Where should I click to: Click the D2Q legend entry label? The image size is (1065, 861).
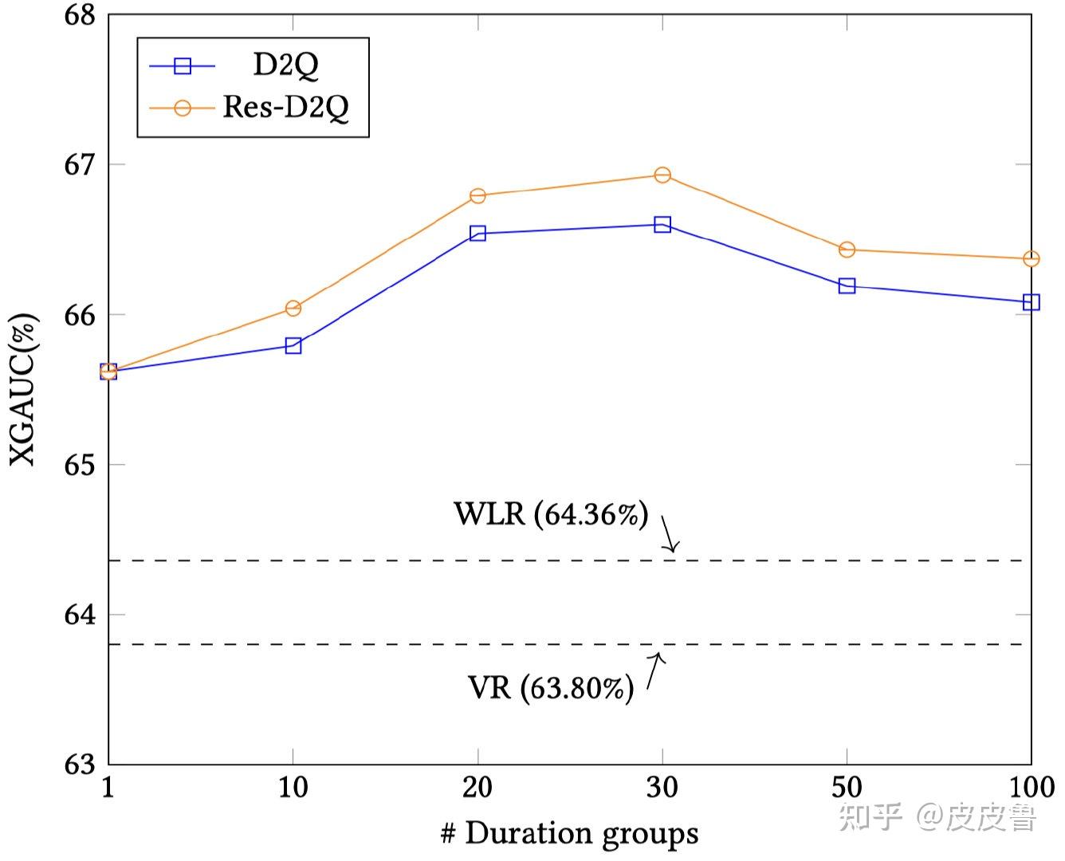click(285, 65)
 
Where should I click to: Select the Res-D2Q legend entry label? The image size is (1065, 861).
click(285, 106)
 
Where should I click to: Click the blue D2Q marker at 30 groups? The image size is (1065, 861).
click(662, 225)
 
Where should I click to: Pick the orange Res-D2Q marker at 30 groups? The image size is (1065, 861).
click(662, 175)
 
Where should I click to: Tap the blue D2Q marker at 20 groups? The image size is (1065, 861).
click(477, 234)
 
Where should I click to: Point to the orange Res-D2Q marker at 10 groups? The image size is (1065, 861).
click(293, 308)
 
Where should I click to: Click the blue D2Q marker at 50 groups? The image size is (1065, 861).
click(847, 285)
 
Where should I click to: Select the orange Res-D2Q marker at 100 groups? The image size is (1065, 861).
click(1032, 259)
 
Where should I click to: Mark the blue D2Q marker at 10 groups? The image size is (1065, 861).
click(293, 345)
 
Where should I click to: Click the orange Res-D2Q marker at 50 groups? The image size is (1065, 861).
click(847, 250)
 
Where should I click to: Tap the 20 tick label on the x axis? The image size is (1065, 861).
click(477, 788)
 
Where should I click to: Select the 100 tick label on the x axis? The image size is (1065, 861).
click(1032, 788)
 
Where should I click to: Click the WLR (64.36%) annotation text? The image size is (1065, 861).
click(551, 514)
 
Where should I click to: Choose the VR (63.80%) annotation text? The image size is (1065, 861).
click(551, 687)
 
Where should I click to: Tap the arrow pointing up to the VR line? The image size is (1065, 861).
click(654, 670)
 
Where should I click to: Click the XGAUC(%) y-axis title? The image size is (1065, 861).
click(23, 389)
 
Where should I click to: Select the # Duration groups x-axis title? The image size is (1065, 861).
click(569, 834)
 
